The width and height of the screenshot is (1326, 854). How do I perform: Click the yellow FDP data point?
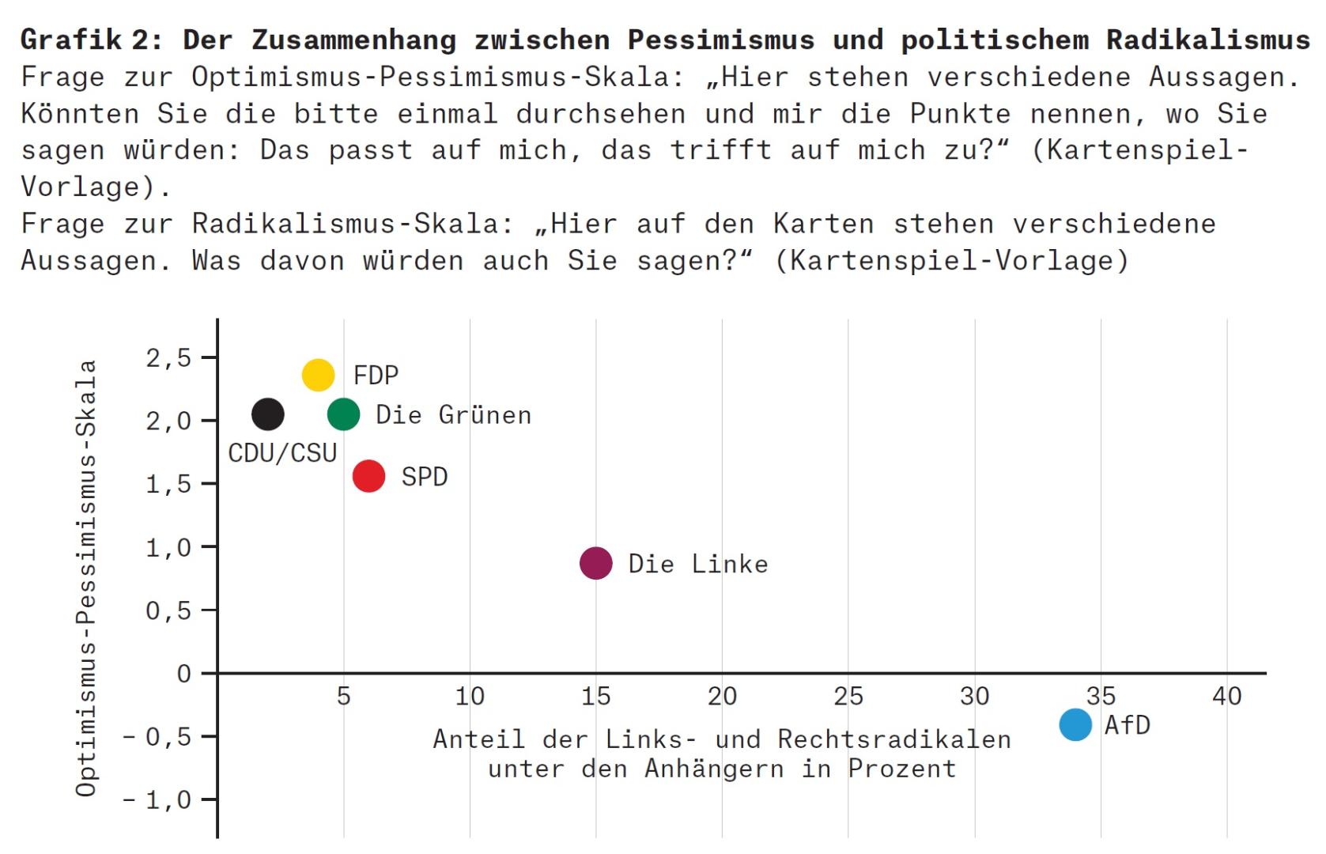click(318, 375)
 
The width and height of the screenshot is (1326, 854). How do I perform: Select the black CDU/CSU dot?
click(267, 414)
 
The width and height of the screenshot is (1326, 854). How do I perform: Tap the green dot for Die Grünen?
click(343, 414)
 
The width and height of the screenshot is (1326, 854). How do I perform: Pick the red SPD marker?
click(368, 476)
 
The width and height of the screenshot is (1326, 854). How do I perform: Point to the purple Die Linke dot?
click(595, 563)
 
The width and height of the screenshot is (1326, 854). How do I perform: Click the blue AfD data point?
click(1075, 724)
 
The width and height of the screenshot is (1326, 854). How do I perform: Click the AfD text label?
click(1127, 725)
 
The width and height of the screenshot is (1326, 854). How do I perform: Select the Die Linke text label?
click(697, 564)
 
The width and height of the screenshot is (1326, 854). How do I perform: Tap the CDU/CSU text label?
click(282, 453)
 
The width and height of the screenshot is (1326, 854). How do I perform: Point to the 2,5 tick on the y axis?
click(168, 358)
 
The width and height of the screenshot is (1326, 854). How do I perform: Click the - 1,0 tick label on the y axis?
click(157, 800)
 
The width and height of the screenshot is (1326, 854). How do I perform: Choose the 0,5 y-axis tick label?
click(168, 610)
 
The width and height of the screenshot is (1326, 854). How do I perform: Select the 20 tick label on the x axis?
click(722, 697)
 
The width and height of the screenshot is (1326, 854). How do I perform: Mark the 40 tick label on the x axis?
click(1226, 697)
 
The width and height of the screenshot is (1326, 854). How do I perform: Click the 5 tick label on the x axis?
click(343, 697)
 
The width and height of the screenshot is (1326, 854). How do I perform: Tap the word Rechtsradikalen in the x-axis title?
click(893, 739)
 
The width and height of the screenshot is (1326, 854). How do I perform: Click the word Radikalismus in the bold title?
click(1207, 40)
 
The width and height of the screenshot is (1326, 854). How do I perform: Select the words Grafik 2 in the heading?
click(91, 40)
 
